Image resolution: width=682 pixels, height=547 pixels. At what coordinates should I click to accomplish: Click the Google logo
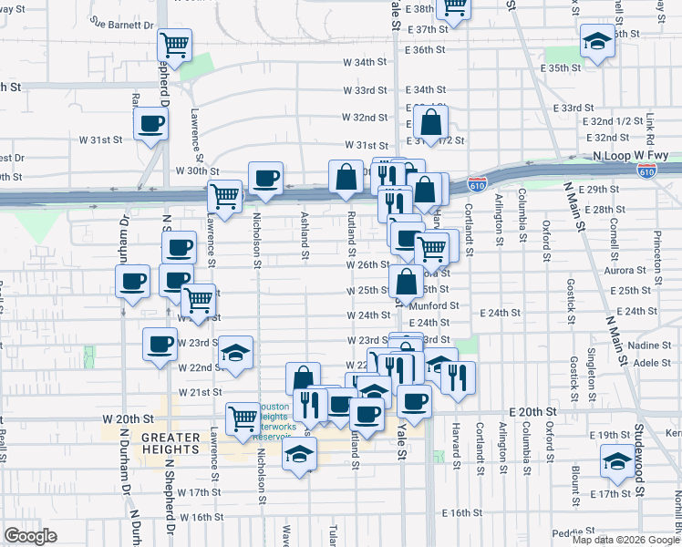[x=30, y=536]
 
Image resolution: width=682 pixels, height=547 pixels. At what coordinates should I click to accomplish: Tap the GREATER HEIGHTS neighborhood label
[x=170, y=443]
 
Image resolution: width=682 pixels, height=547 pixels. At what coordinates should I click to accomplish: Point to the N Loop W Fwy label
[x=624, y=156]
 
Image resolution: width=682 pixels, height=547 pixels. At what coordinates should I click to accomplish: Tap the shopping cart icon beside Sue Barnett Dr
[x=174, y=43]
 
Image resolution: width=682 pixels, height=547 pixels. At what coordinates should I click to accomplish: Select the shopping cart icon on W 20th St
[x=243, y=418]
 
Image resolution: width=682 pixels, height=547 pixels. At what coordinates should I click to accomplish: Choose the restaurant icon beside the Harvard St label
[x=458, y=376]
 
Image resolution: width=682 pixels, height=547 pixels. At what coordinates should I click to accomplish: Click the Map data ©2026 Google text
[x=625, y=540]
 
